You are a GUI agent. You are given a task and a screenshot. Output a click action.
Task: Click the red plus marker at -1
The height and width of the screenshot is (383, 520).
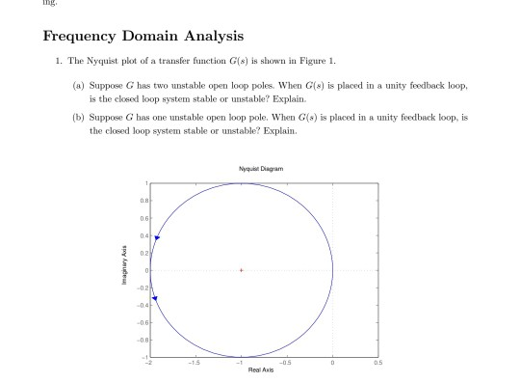pyautogui.click(x=241, y=270)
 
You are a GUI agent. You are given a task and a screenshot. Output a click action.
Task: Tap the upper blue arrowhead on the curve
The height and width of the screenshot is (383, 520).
pyautogui.click(x=156, y=237)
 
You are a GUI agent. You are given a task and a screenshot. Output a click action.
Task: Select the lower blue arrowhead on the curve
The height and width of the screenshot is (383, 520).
pyautogui.click(x=154, y=299)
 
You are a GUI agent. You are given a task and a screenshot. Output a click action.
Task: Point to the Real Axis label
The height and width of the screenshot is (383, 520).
pyautogui.click(x=260, y=369)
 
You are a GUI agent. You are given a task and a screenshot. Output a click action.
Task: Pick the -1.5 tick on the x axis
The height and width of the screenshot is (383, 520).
pyautogui.click(x=194, y=363)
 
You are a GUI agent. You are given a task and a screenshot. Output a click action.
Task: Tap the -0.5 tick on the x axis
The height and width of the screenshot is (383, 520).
pyautogui.click(x=286, y=363)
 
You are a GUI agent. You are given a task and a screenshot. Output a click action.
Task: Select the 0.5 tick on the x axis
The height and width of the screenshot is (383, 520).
pyautogui.click(x=378, y=363)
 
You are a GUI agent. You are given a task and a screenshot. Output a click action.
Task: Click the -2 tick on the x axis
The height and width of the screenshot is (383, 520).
pyautogui.click(x=147, y=363)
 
